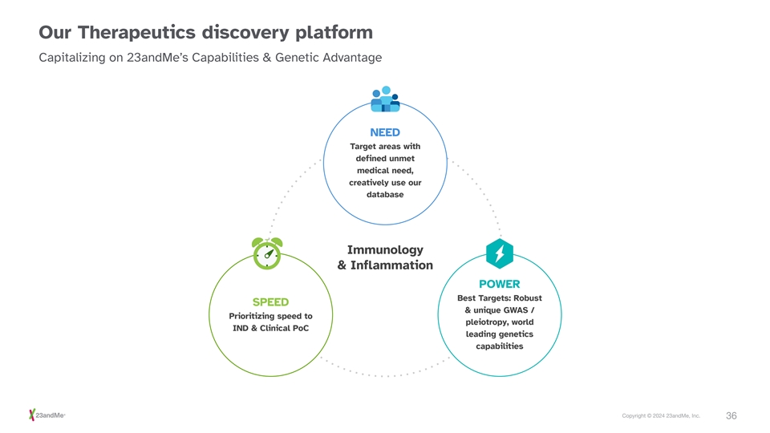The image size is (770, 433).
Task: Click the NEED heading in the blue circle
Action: tap(385, 132)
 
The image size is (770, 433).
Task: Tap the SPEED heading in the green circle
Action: tap(270, 302)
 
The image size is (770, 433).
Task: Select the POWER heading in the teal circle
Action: tap(500, 284)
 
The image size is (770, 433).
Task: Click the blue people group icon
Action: tap(385, 99)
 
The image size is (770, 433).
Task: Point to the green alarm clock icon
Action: tap(267, 253)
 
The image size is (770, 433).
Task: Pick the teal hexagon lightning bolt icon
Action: tap(500, 253)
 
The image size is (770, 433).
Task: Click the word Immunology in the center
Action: tap(385, 250)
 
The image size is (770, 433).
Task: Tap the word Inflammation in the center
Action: tap(391, 265)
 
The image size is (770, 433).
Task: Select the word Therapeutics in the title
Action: tap(136, 33)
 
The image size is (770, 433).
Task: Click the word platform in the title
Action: tap(334, 33)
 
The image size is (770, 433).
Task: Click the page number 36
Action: tap(731, 416)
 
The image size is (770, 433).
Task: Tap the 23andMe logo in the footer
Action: tap(47, 415)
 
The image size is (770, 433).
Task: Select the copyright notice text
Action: tap(661, 416)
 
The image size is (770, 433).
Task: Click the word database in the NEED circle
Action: tap(385, 194)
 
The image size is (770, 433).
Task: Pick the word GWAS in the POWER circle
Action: tap(516, 310)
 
